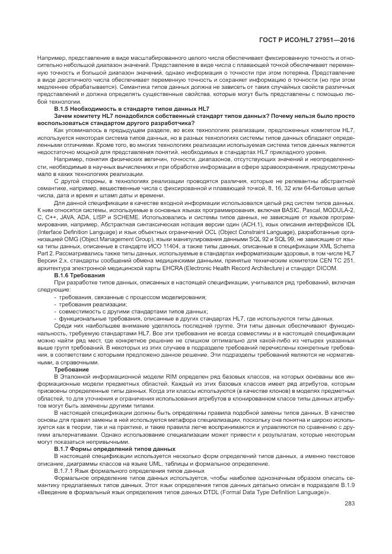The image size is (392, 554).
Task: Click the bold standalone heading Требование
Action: (72, 369)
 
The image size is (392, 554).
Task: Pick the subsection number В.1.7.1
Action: (65, 470)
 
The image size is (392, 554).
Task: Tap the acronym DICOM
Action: (327, 269)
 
